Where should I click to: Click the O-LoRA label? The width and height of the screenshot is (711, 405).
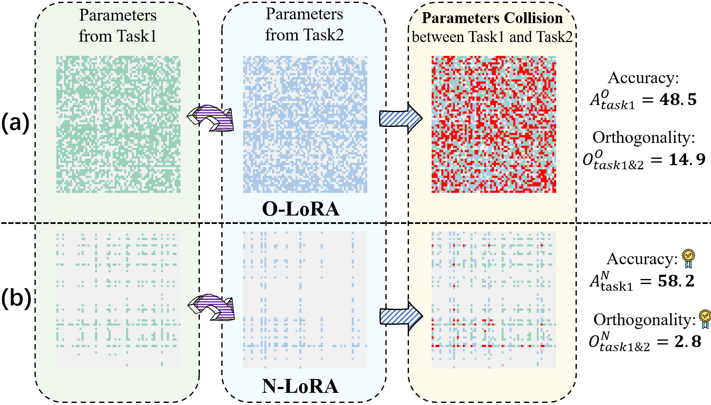pyautogui.click(x=300, y=209)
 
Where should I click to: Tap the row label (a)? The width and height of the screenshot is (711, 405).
pyautogui.click(x=15, y=123)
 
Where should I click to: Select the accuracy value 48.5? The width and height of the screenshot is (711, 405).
pyautogui.click(x=678, y=100)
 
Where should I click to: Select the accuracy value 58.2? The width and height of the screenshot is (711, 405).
pyautogui.click(x=676, y=281)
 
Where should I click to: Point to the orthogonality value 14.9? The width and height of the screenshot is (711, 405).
pyautogui.click(x=687, y=159)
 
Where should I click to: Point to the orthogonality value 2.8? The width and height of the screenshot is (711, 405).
pyautogui.click(x=688, y=341)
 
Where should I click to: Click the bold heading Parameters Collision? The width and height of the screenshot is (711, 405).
pyautogui.click(x=492, y=18)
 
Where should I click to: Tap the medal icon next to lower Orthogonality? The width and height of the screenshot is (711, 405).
pyautogui.click(x=705, y=319)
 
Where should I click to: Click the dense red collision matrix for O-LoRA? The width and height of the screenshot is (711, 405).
pyautogui.click(x=493, y=124)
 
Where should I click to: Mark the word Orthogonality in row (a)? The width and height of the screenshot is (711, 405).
pyautogui.click(x=643, y=137)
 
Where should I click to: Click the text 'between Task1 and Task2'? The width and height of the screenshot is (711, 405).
pyautogui.click(x=492, y=37)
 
